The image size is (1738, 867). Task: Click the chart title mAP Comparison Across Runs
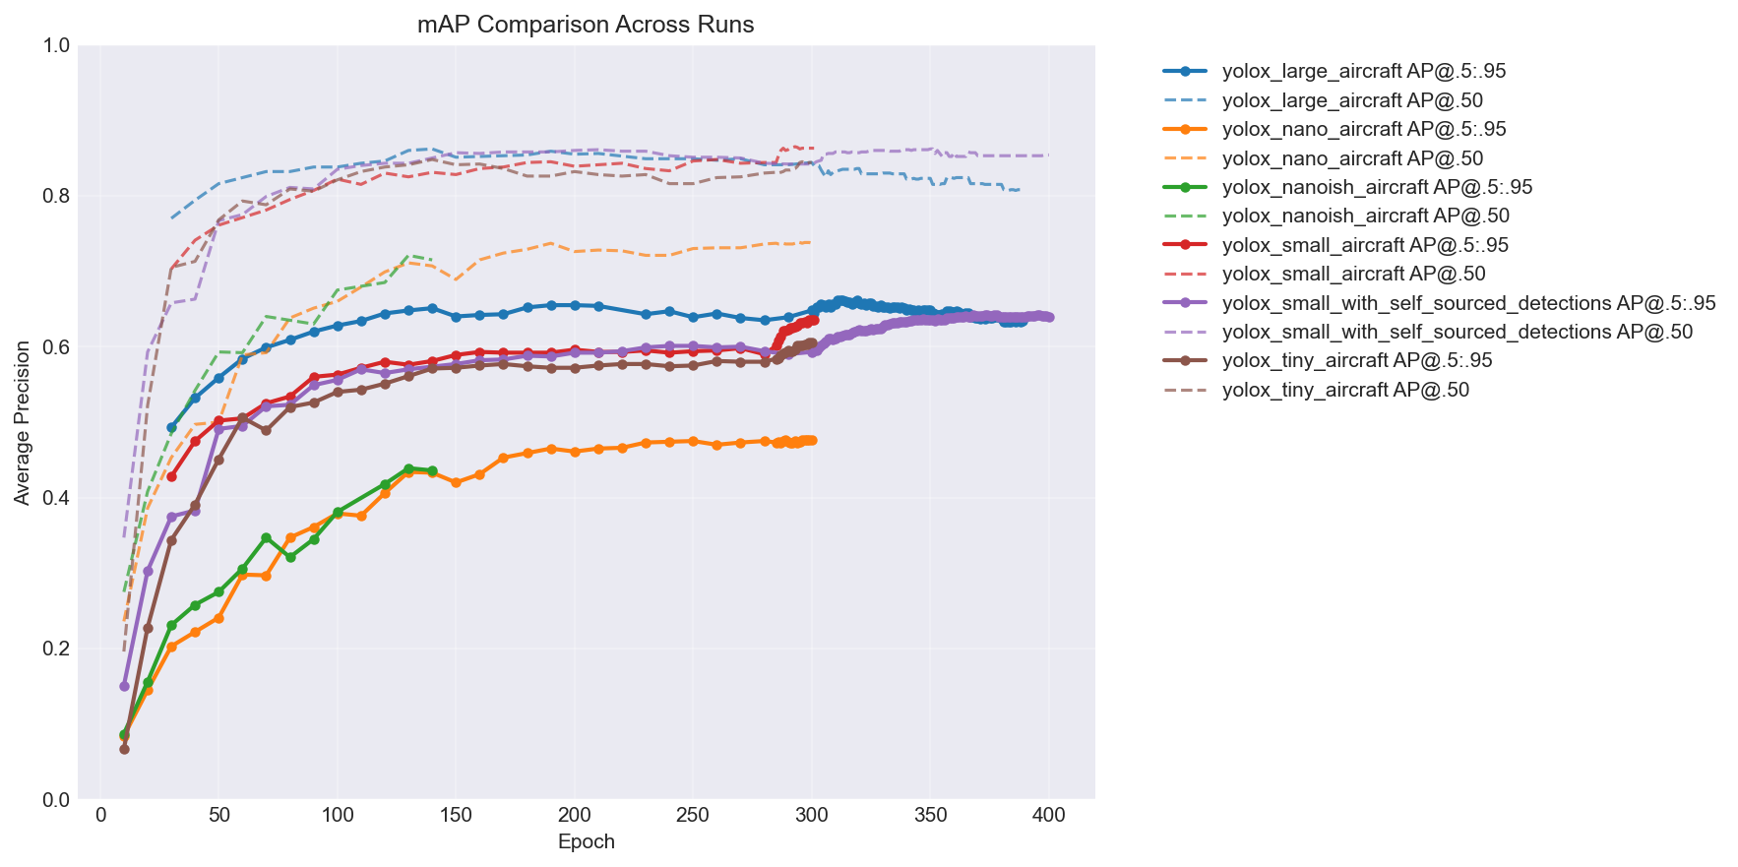click(x=586, y=25)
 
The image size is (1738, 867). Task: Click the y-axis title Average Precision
click(x=22, y=422)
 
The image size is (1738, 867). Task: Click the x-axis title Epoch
click(x=586, y=842)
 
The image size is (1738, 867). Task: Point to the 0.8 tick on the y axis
click(x=56, y=196)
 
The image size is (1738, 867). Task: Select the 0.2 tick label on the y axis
click(x=56, y=649)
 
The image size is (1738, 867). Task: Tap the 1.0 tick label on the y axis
click(x=56, y=45)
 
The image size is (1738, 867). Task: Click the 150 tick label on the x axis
click(x=456, y=816)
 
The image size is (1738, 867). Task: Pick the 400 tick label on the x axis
click(x=1048, y=816)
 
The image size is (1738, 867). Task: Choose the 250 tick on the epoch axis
click(x=693, y=816)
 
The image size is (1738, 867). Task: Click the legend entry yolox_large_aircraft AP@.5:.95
click(x=1363, y=71)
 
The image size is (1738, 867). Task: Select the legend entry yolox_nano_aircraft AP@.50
click(x=1352, y=158)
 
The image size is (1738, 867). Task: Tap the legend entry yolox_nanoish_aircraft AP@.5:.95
click(x=1377, y=187)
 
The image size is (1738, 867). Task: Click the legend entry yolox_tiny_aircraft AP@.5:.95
click(x=1357, y=361)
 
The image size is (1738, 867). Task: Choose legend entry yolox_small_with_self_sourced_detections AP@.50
click(x=1457, y=332)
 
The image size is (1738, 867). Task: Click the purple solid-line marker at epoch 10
click(x=124, y=686)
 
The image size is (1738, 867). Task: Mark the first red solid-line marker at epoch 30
click(x=171, y=476)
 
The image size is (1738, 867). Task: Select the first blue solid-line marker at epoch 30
click(x=171, y=428)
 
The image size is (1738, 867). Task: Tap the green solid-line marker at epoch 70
click(x=266, y=537)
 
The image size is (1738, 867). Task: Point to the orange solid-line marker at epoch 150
click(x=456, y=482)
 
